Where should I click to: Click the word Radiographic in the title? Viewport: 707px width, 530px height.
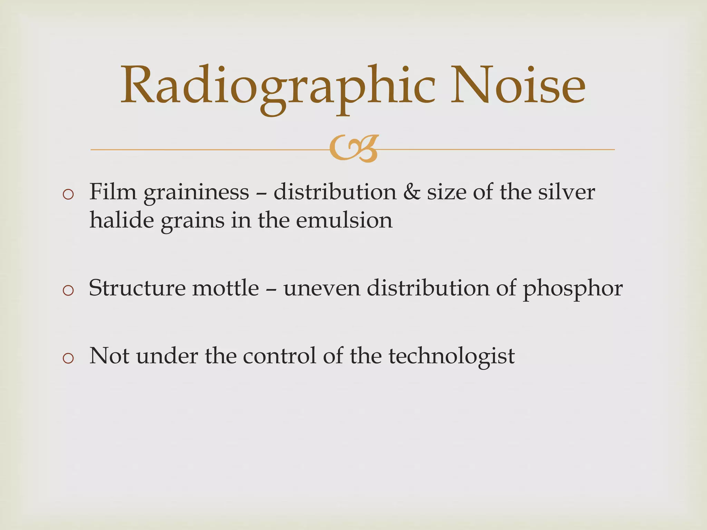[x=278, y=86]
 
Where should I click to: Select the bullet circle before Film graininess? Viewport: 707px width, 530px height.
[x=68, y=195]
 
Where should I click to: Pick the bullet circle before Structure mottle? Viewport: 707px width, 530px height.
[x=68, y=291]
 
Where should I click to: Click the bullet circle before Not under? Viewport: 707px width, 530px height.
[x=68, y=358]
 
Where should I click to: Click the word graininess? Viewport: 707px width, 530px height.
[x=196, y=193]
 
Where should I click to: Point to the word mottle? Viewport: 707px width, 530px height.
[x=225, y=287]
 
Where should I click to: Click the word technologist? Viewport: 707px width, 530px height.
[x=452, y=356]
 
